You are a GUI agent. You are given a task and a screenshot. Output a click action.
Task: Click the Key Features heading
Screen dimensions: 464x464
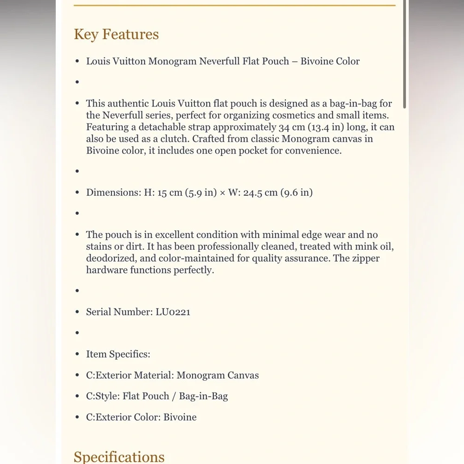pyautogui.click(x=116, y=34)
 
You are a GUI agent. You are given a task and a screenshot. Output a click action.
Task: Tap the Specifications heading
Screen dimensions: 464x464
pyautogui.click(x=119, y=457)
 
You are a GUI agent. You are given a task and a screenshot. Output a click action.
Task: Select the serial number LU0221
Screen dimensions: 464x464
pyautogui.click(x=172, y=312)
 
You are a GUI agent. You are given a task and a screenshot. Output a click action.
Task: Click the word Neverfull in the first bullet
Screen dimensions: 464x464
pyautogui.click(x=219, y=61)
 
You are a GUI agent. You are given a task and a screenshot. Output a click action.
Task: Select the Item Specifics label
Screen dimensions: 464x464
pyautogui.click(x=118, y=354)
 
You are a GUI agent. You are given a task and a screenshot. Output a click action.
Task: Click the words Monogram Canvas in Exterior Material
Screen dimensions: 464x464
pyautogui.click(x=218, y=375)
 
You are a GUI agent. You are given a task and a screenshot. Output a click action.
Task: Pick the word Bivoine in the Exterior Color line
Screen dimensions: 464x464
pyautogui.click(x=180, y=417)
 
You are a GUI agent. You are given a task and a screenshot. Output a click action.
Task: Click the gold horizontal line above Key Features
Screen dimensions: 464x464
pyautogui.click(x=234, y=5)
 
